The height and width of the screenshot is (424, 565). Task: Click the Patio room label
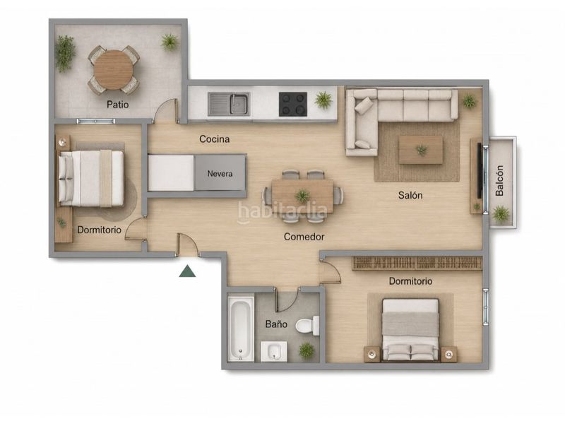117,105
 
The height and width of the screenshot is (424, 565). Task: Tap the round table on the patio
113,70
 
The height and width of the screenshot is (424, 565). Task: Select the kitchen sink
229,104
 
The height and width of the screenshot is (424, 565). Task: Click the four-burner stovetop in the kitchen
293,104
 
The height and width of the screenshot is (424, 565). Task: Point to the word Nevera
220,173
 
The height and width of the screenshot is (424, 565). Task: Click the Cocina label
215,139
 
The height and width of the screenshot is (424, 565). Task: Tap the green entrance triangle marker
187,271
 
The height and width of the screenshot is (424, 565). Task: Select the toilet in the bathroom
307,326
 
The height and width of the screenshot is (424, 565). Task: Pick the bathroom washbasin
273,351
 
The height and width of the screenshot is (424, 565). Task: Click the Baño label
276,324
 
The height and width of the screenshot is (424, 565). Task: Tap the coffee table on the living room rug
420,150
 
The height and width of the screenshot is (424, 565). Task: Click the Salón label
410,196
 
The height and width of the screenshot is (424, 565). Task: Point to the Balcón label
499,181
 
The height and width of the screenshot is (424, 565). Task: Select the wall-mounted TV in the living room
480,170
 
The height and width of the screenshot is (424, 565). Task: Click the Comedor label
304,237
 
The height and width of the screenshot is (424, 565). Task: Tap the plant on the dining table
302,196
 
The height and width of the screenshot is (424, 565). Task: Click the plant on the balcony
501,214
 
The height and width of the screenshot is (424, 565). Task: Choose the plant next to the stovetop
323,100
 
